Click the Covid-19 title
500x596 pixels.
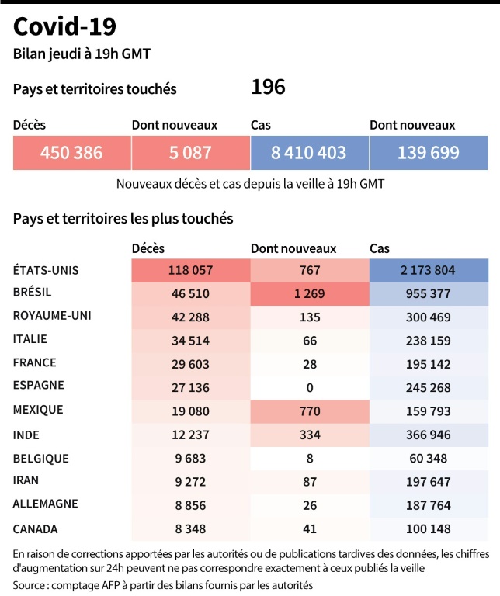65,27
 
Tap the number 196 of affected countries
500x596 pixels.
268,87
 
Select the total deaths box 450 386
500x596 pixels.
71,153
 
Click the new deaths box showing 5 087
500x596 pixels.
190,153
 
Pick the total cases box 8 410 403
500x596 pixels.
309,153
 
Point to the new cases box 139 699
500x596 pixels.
429,153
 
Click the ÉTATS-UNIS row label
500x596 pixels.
47,270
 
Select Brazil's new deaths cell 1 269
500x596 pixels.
309,293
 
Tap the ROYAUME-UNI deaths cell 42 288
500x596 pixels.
190,316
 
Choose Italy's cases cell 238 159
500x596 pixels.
429,339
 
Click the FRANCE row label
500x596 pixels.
35,362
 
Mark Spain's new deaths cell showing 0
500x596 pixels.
309,385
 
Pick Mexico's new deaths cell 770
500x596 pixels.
309,409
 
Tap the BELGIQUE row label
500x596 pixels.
41,458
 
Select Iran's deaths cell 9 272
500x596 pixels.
190,481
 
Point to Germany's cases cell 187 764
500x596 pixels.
429,504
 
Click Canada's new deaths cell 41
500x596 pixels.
309,528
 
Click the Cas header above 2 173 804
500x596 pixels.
380,248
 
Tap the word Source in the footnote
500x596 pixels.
30,584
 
